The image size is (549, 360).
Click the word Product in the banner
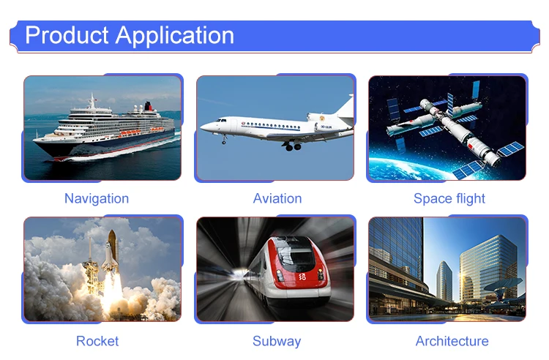coord(67,35)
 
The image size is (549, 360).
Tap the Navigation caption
coord(97,199)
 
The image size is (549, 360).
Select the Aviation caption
coord(277,198)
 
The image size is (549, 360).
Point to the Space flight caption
coord(449,199)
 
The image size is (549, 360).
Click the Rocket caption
coord(97,341)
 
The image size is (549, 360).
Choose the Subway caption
coord(277,342)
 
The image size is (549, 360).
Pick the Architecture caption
coord(452,341)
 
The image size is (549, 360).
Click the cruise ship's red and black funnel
coord(149,105)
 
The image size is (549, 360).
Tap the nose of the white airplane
coord(203,127)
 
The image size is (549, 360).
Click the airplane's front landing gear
coord(224,139)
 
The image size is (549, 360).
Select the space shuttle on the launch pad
coord(111,251)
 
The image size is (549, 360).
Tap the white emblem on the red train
coord(302,277)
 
